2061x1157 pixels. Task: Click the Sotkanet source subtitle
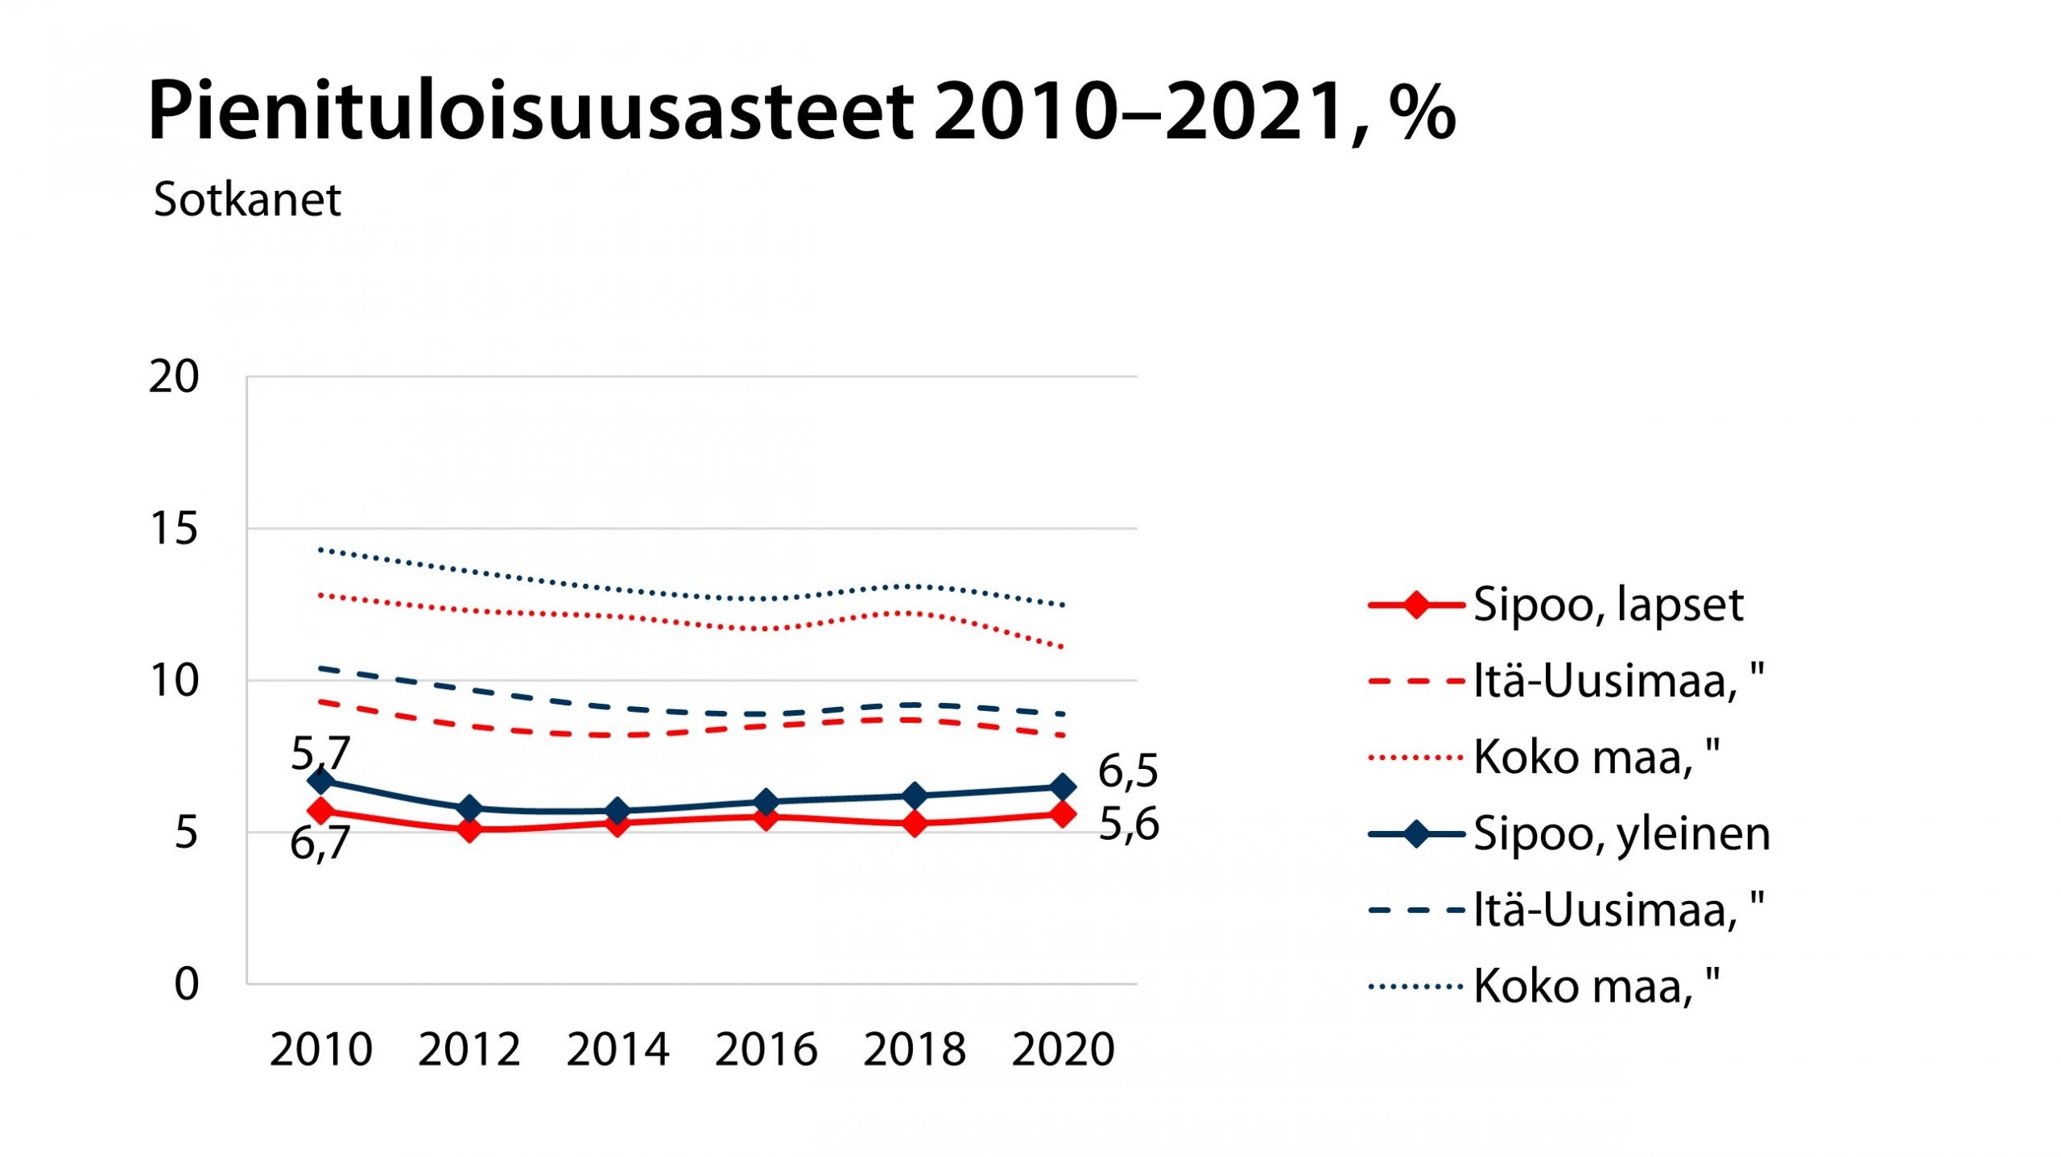point(247,200)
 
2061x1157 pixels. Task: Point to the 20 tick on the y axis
point(173,377)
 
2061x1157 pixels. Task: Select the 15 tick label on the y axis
point(173,529)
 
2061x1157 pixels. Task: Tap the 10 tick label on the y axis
point(173,681)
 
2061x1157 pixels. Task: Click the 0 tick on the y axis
point(186,985)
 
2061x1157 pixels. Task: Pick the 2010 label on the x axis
point(320,1050)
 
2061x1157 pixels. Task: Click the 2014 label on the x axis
point(617,1050)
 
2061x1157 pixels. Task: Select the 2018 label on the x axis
point(915,1050)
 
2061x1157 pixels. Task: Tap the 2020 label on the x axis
point(1063,1050)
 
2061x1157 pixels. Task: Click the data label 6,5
point(1128,771)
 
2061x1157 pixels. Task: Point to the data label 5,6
point(1129,824)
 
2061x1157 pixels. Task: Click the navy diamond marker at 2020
point(1063,787)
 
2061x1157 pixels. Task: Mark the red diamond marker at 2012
point(469,828)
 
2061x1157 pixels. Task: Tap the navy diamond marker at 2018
point(915,796)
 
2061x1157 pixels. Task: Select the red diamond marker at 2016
point(766,817)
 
